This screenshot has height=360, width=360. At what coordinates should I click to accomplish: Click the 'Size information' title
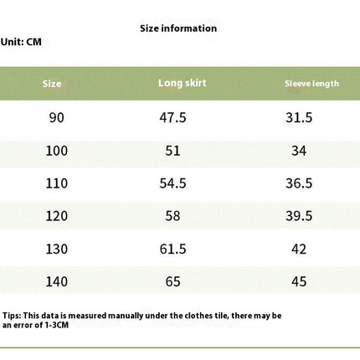178,28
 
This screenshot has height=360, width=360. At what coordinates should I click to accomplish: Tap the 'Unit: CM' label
21,42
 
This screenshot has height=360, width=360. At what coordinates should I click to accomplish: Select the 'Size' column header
52,84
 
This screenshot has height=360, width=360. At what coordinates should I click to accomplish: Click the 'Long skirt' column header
183,83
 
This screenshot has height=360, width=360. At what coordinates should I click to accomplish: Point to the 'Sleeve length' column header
311,84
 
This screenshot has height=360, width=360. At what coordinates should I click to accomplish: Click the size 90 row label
57,117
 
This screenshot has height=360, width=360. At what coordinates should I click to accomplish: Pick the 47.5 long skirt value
172,117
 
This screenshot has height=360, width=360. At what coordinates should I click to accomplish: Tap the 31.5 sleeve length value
299,117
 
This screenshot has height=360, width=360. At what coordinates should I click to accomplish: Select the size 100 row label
57,151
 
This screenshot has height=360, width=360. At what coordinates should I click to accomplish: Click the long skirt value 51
172,151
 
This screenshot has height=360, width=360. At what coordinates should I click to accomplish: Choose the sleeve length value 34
299,151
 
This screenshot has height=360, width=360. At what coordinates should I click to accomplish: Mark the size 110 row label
57,183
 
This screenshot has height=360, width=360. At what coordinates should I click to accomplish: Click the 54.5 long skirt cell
172,183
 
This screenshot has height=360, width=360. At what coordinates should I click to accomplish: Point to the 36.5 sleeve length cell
299,183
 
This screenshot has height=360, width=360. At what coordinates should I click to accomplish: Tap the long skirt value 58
172,216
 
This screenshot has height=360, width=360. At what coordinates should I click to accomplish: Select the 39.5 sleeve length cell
299,216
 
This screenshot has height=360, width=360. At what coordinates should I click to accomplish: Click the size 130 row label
57,249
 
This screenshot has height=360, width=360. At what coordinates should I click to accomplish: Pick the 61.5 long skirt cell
172,249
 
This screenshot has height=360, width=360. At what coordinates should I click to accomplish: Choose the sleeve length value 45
299,281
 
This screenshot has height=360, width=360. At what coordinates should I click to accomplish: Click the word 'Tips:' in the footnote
12,316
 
